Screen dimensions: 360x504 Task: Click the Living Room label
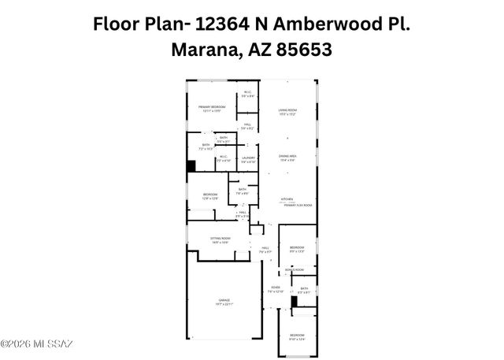(287, 109)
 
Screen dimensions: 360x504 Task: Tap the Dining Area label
(287, 156)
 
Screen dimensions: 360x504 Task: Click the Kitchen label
(287, 199)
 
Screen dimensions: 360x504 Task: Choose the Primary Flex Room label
(298, 205)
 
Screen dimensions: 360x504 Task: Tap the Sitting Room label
(220, 239)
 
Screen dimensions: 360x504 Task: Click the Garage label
(224, 301)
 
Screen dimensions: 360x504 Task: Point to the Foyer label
(276, 288)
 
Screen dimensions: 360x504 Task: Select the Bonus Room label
(295, 270)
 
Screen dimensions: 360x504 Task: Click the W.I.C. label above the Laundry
(224, 156)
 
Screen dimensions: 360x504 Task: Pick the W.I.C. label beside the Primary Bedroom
(246, 93)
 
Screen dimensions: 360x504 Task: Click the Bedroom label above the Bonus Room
(297, 248)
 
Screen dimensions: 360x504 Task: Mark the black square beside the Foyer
(295, 300)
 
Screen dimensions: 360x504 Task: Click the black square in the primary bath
(191, 165)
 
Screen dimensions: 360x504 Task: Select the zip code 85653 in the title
(302, 49)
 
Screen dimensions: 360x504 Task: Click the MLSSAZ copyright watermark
(36, 343)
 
